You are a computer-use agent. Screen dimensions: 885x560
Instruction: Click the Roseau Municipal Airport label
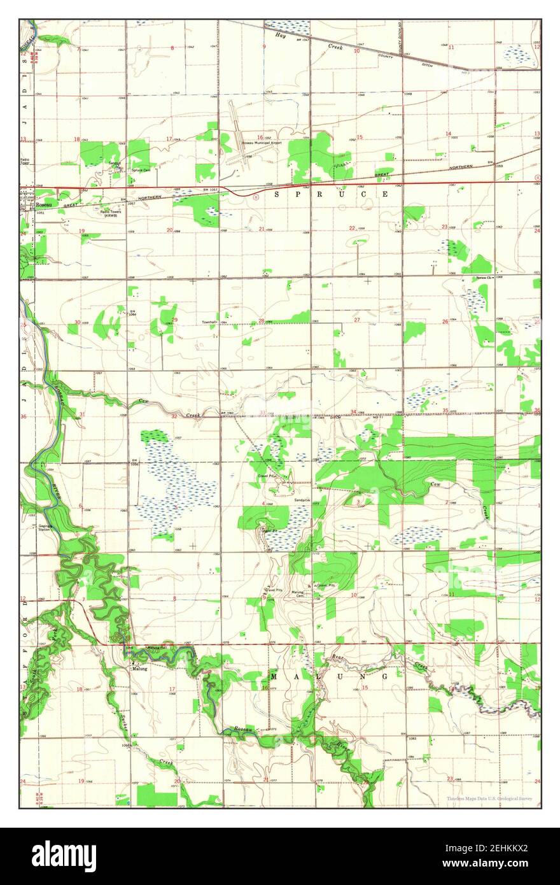coord(262,143)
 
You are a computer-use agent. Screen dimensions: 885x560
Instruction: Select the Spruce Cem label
coord(141,170)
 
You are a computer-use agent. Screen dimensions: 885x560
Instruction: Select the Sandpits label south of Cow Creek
coord(302,500)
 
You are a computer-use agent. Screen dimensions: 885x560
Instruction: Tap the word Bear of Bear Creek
coord(338,656)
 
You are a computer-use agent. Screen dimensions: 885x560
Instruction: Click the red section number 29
coord(174,320)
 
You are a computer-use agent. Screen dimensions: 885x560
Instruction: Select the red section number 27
coord(357,320)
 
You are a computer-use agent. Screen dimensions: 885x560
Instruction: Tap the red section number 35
coord(445,411)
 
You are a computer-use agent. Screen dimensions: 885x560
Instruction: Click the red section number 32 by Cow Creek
coord(174,416)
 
